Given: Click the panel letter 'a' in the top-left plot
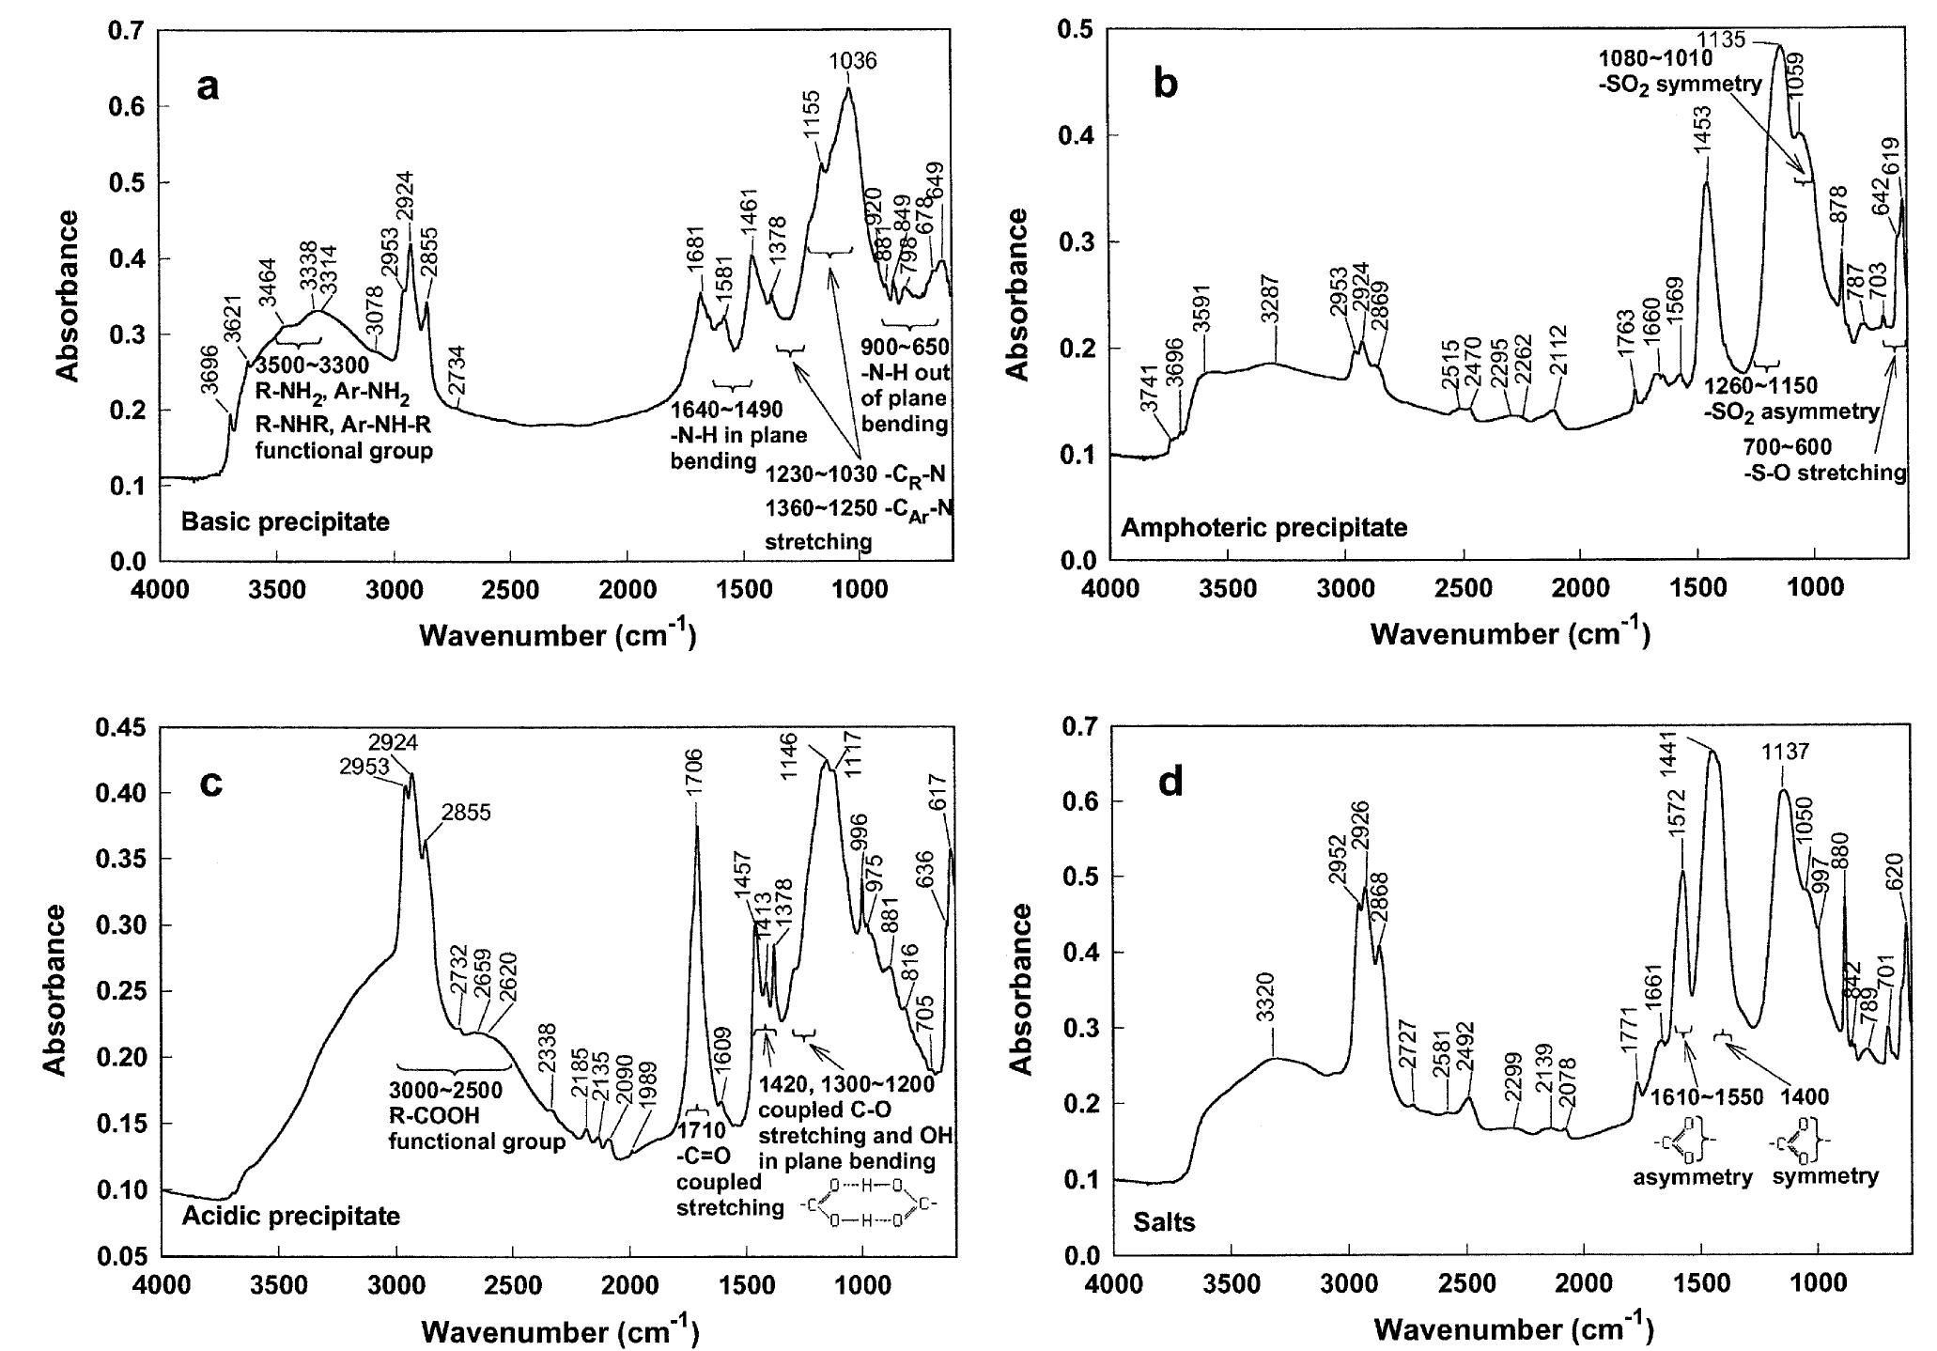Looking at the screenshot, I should tap(208, 87).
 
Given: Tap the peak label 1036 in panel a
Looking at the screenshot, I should tap(853, 62).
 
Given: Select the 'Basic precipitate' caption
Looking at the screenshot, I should tap(285, 521).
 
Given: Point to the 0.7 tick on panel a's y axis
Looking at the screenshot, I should tap(128, 31).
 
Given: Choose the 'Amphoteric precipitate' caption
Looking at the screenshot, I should tap(1263, 527).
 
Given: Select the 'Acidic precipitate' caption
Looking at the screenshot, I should tap(290, 1216).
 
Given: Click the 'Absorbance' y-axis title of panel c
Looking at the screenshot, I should tap(55, 989).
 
